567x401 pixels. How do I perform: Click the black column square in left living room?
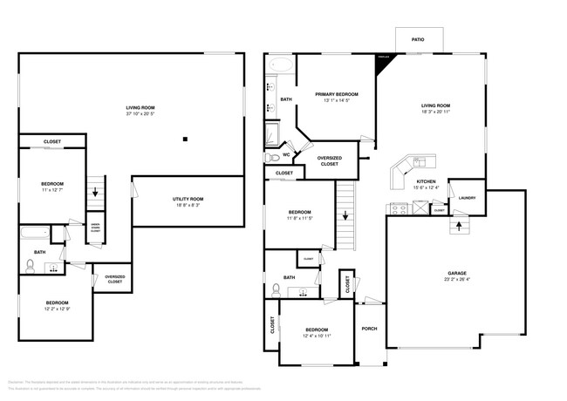[x=185, y=139]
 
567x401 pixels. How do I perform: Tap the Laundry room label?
[x=466, y=198]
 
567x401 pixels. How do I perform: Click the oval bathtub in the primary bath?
[x=281, y=65]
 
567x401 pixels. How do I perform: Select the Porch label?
[x=368, y=329]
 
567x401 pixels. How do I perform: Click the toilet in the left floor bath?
[x=31, y=265]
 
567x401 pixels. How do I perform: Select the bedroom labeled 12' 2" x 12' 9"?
[x=58, y=308]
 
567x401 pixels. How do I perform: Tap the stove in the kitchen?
[x=398, y=209]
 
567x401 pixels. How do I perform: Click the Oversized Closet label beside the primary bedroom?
[x=329, y=160]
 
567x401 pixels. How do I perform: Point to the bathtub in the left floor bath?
[x=33, y=234]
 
